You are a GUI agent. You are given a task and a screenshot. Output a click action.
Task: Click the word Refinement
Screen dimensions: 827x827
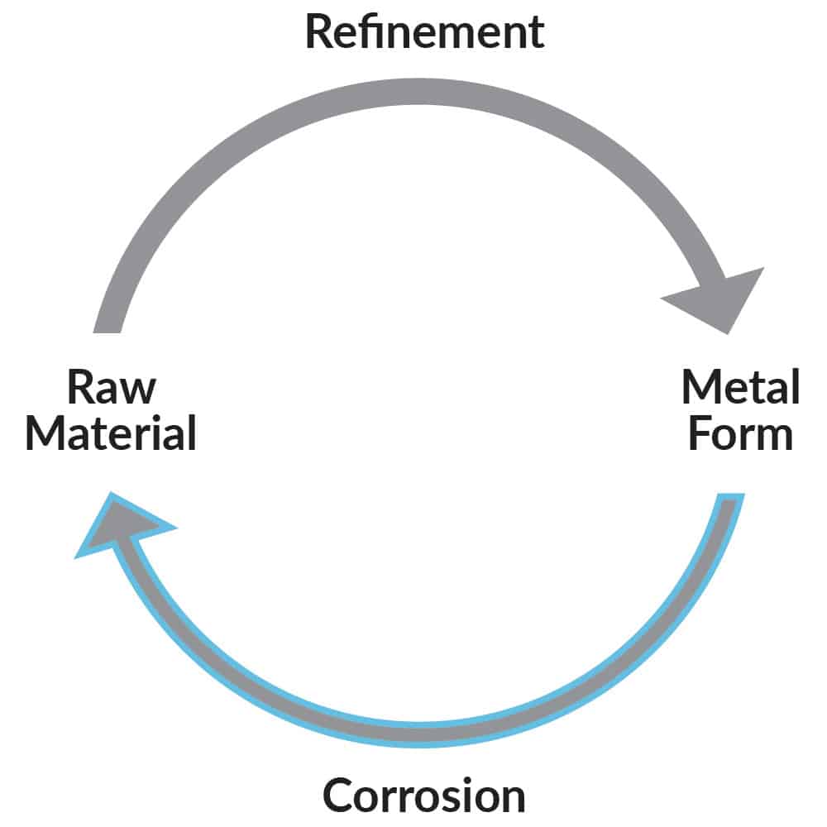[425, 31]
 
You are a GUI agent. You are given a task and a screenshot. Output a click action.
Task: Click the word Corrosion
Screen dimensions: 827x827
[423, 796]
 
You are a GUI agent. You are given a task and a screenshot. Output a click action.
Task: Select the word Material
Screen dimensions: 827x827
[111, 433]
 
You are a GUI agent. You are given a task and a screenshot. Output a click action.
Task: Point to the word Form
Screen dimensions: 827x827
[740, 433]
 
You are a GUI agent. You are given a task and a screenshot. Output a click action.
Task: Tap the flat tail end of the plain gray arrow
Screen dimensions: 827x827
[108, 326]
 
